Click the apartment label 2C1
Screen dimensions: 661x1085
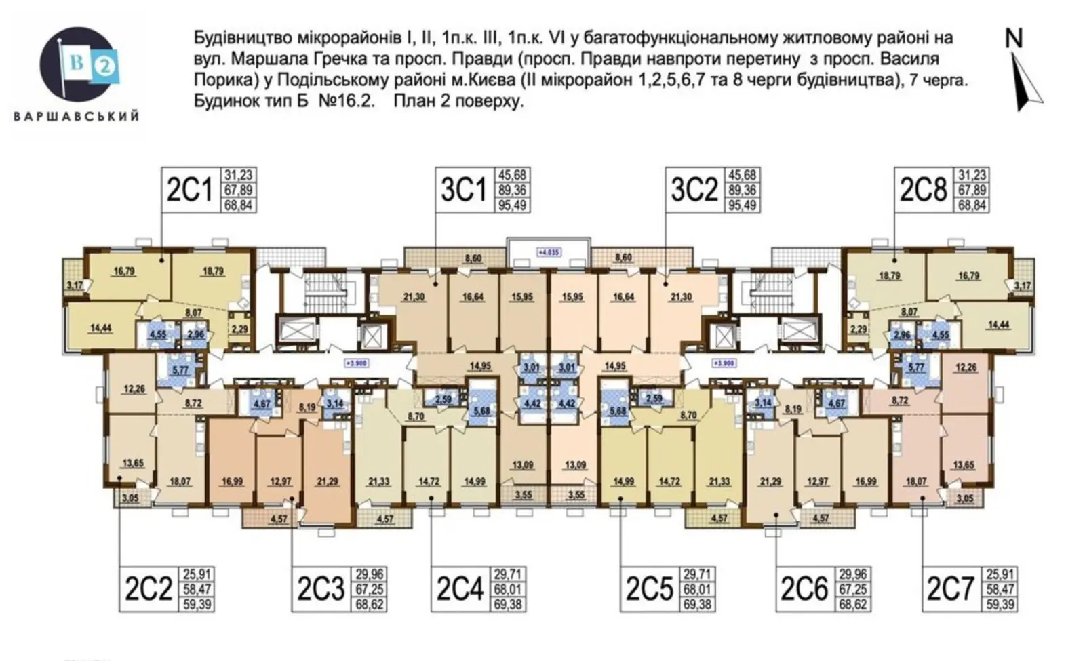point(189,191)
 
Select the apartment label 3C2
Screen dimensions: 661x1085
point(694,189)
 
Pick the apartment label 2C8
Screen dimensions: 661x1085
point(923,190)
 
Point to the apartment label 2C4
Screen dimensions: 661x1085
point(460,588)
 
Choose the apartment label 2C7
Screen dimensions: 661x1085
point(950,588)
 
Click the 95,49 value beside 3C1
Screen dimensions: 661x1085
point(512,205)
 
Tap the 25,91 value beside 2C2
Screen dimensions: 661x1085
point(197,575)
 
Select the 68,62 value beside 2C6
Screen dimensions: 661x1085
point(852,603)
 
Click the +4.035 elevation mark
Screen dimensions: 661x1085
point(549,252)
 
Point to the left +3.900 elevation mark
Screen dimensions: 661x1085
point(356,363)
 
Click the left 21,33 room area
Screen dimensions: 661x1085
point(378,482)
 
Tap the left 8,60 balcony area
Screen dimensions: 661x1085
point(473,258)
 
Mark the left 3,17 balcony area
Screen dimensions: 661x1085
point(75,285)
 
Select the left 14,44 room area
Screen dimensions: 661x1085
point(100,328)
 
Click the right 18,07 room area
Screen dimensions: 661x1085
point(916,482)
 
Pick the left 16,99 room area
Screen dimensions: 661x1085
point(232,482)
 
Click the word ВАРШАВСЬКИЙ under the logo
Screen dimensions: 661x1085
point(77,116)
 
